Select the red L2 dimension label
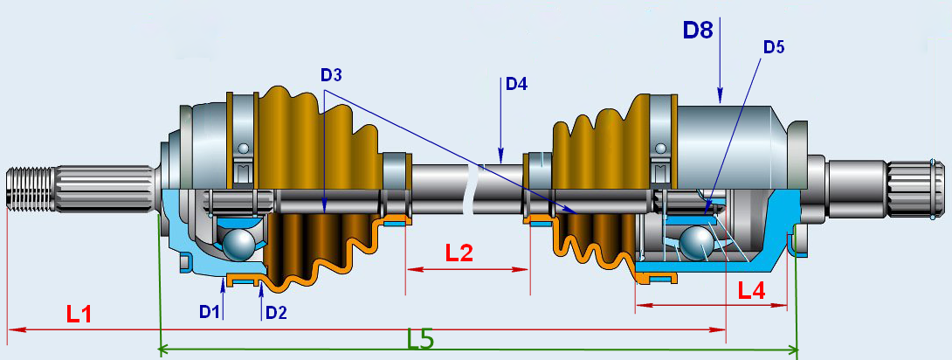pyautogui.click(x=459, y=253)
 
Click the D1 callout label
pyautogui.click(x=208, y=311)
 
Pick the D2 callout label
pyautogui.click(x=276, y=311)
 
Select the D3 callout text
pyautogui.click(x=330, y=75)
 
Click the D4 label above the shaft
pyautogui.click(x=516, y=85)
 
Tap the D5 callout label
pyautogui.click(x=774, y=47)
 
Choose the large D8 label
pyautogui.click(x=699, y=31)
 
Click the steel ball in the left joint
pyautogui.click(x=238, y=244)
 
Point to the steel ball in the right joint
pyautogui.click(x=697, y=242)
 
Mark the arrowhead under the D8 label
pyautogui.click(x=719, y=97)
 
